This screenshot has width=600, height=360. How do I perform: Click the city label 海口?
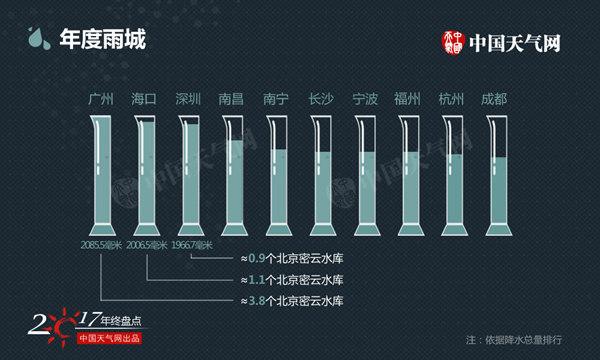pos(144,100)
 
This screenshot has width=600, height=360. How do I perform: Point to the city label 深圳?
pos(188,100)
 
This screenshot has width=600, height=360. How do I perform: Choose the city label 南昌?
pos(232,100)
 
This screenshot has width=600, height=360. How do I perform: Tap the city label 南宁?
pos(276,100)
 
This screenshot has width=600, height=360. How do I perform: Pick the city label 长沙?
pos(321,100)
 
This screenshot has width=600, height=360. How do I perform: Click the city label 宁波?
pos(365,100)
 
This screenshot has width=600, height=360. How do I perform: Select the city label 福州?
pos(409,100)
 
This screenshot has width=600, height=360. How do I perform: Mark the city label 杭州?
pos(453,100)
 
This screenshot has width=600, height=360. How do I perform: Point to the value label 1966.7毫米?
pos(192,245)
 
